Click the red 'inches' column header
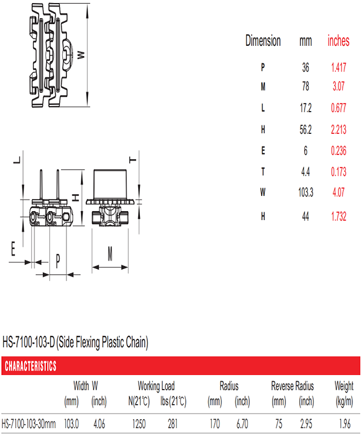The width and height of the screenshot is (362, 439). pos(338,41)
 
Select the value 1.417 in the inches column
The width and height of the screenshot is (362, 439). pos(338,67)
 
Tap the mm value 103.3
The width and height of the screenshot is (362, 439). pos(306,192)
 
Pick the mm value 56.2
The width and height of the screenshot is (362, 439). pos(306,130)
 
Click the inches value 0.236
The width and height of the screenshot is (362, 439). pos(338,151)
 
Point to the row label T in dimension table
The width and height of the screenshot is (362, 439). pos(263,172)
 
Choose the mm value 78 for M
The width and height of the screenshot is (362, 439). pos(306,86)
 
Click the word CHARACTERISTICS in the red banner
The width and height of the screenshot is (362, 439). pos(31,366)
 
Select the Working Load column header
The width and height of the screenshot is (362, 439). pos(156,386)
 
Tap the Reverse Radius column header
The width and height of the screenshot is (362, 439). pos(293,386)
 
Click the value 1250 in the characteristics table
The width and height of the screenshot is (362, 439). pos(139,424)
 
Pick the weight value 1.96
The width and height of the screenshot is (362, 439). pos(345,424)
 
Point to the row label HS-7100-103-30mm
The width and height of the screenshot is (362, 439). pos(28,424)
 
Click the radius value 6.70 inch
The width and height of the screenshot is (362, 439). pos(243,424)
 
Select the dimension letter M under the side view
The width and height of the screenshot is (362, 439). pos(110,254)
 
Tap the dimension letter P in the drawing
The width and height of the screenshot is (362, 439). pos(58,261)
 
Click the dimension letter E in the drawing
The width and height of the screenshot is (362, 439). pos(13,248)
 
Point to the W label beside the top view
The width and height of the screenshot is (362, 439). pos(81,55)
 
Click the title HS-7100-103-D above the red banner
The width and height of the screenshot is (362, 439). pos(28,343)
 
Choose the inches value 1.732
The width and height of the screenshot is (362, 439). pos(338,216)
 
